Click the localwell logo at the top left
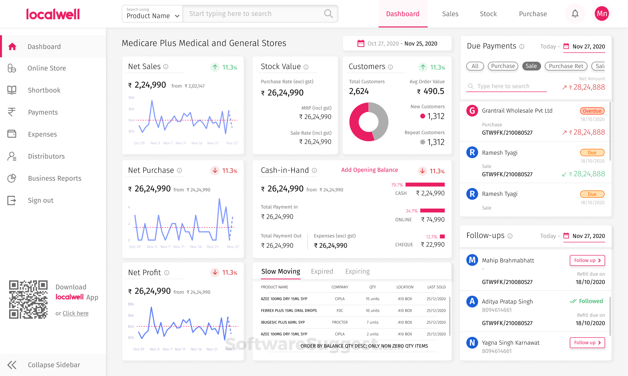(x=53, y=14)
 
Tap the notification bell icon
(x=575, y=14)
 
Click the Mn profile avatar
(x=602, y=14)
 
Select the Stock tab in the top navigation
(x=488, y=14)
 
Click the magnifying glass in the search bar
(x=328, y=14)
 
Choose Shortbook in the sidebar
(x=44, y=90)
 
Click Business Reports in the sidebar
(x=55, y=178)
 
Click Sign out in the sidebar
(x=41, y=200)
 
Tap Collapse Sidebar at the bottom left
(x=54, y=365)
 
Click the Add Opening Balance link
(x=369, y=170)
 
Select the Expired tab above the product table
(x=322, y=272)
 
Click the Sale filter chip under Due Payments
(x=531, y=66)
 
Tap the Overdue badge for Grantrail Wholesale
(x=592, y=111)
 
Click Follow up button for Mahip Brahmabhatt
(x=587, y=260)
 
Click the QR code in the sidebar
(x=28, y=299)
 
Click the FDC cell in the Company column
(x=340, y=311)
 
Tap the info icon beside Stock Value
(x=306, y=67)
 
